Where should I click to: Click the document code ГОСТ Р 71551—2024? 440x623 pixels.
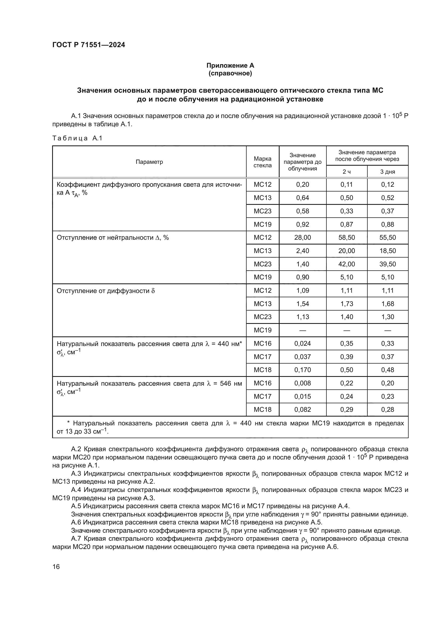click(x=89, y=45)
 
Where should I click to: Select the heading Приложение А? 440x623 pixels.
click(x=230, y=66)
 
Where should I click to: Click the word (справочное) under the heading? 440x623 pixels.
click(x=230, y=74)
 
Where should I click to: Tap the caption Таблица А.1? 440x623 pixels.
click(x=77, y=138)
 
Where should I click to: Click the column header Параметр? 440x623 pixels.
click(x=149, y=162)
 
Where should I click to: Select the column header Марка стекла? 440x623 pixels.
click(x=262, y=162)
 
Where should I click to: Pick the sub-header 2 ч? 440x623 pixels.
click(x=347, y=172)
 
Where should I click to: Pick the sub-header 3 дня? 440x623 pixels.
click(x=387, y=172)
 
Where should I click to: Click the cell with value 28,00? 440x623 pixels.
click(x=302, y=237)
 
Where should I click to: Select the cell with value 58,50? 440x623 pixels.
click(x=347, y=237)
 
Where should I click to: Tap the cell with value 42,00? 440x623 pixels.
click(x=347, y=264)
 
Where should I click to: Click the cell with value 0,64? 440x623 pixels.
click(x=302, y=198)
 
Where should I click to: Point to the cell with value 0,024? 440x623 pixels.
click(x=302, y=344)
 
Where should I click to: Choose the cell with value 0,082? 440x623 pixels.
click(x=302, y=409)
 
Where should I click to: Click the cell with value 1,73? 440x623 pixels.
click(x=347, y=304)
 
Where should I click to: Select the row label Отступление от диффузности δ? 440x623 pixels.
click(x=106, y=291)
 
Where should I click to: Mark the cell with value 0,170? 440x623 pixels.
click(x=302, y=370)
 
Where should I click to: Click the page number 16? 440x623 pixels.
click(x=56, y=567)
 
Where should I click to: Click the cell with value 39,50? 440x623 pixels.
click(x=387, y=264)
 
